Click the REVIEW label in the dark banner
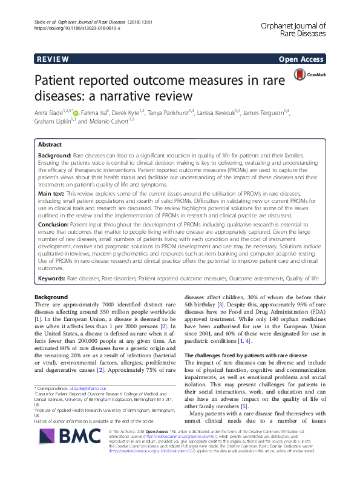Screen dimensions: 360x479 [x=53, y=60]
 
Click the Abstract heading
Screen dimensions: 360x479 [x=50, y=145]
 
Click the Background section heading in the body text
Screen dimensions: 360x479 [x=51, y=297]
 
